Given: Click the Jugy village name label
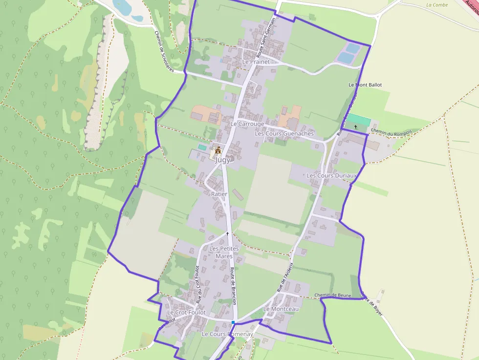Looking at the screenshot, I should point(222,159).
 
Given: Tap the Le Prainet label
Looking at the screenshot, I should point(256,62).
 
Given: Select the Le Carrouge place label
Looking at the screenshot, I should point(247,124).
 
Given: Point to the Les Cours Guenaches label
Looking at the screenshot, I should point(284,133).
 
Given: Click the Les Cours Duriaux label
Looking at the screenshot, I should point(331,175).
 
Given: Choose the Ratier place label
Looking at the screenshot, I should point(219,194).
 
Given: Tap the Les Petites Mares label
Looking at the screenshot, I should point(224,252).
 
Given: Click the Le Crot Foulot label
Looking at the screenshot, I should point(186,312).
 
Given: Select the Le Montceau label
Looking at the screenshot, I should point(281,309).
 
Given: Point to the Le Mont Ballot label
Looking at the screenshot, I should point(365,85).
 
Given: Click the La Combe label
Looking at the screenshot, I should point(436,5).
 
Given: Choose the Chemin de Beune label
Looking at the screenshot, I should point(333,295).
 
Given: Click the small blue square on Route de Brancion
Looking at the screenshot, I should point(233,322).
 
